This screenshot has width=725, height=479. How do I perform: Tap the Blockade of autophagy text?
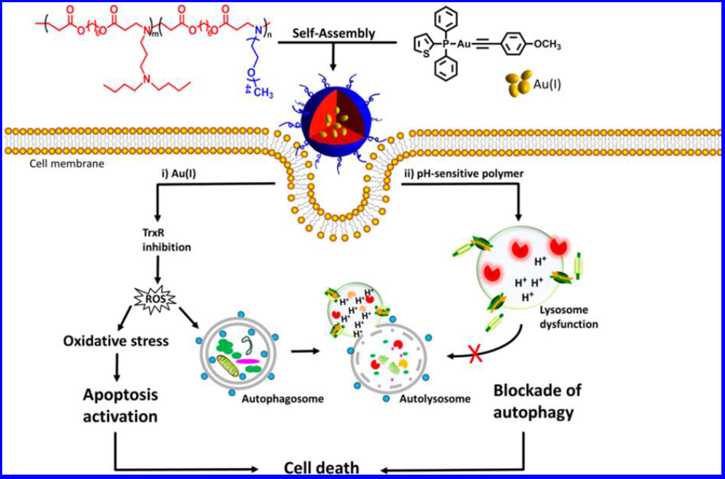point(538,402)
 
